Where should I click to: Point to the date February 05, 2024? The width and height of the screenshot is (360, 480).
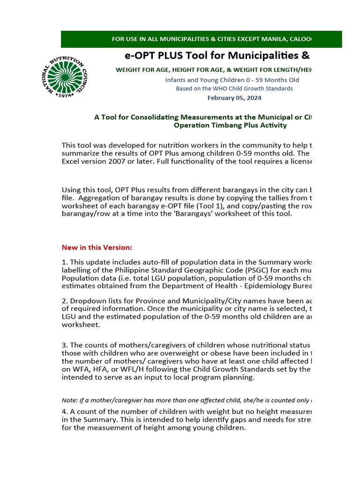point(234,98)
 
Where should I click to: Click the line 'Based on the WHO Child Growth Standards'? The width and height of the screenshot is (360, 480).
point(234,89)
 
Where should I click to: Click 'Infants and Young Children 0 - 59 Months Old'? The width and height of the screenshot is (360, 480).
point(232,80)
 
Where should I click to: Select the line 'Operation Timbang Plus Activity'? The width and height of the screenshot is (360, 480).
point(230,125)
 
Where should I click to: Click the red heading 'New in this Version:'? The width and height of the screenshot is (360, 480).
point(97,247)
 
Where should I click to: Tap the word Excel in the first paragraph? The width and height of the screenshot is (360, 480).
point(71,161)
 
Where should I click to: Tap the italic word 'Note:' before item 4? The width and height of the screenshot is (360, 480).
point(70,400)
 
